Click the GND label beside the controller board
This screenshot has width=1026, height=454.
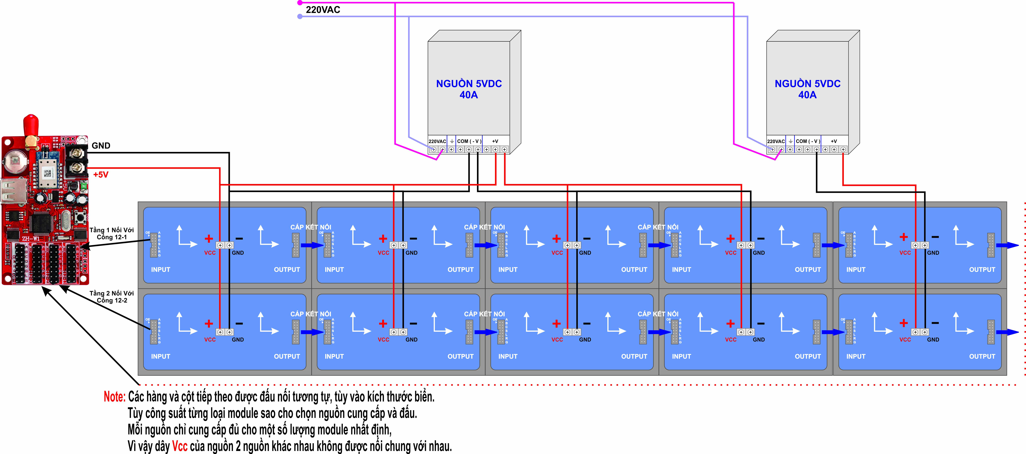[x=101, y=146]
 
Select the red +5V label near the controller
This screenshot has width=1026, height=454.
[x=101, y=175]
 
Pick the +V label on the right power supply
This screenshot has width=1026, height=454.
[x=834, y=141]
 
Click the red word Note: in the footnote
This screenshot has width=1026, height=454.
[x=114, y=397]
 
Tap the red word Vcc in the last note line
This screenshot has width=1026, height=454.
[x=180, y=446]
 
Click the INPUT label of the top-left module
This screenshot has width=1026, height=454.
[x=160, y=269]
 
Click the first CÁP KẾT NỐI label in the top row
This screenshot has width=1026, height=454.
[x=311, y=227]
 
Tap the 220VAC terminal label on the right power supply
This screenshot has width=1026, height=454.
[x=775, y=141]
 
